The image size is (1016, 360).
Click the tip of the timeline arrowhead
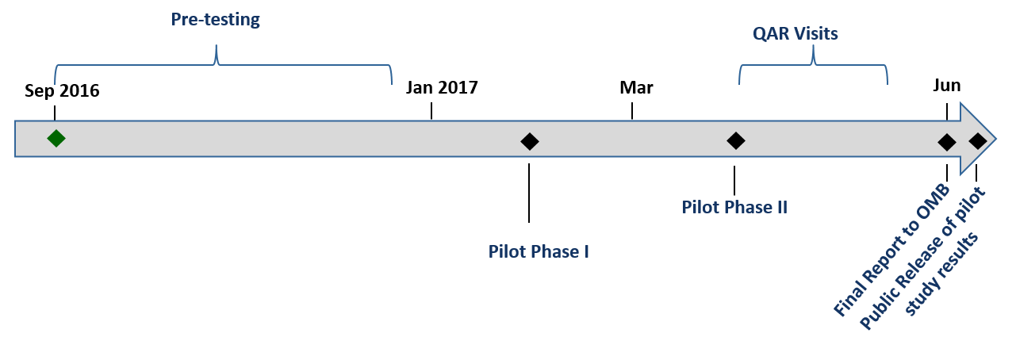[996, 139]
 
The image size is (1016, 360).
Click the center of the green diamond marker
[56, 138]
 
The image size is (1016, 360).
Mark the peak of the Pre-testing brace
[216, 45]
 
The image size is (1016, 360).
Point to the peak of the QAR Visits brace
[813, 46]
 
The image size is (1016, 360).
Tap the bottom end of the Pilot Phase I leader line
[529, 222]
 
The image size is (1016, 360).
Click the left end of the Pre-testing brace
[55, 84]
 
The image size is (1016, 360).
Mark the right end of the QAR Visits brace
[888, 84]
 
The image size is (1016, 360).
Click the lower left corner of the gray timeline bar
[15, 157]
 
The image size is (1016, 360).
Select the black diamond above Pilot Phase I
[530, 141]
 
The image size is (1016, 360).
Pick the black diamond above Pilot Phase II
[736, 140]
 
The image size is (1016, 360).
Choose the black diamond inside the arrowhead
[978, 141]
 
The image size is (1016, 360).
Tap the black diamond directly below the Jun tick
[947, 143]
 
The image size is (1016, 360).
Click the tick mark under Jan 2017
[431, 111]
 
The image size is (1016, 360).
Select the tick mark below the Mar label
[632, 111]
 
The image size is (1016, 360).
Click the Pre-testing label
[216, 20]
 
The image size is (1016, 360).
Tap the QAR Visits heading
[795, 33]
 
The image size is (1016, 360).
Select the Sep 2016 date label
[62, 90]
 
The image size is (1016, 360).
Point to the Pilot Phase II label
[734, 207]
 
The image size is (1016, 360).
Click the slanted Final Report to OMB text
[891, 250]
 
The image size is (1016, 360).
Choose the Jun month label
[947, 85]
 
